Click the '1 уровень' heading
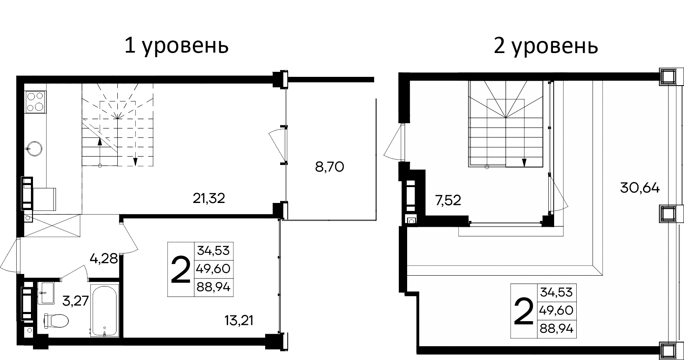(x=177, y=46)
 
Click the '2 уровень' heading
(x=546, y=46)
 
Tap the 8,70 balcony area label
(x=329, y=167)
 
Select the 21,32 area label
(x=209, y=198)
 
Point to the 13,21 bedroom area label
(x=239, y=321)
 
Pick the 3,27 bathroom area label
(x=75, y=300)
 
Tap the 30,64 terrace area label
(x=640, y=188)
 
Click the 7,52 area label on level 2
(x=448, y=201)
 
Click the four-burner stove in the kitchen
(x=35, y=101)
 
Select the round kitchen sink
(x=33, y=147)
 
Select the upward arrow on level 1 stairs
(x=100, y=141)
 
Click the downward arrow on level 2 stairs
(x=524, y=162)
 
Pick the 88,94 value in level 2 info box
(x=557, y=329)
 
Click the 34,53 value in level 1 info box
(x=213, y=251)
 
